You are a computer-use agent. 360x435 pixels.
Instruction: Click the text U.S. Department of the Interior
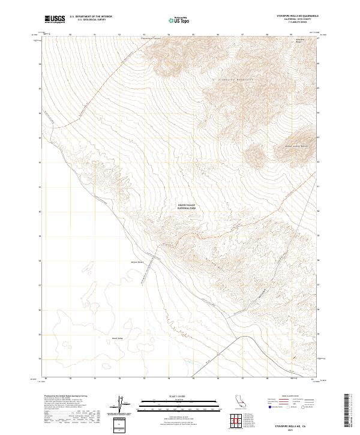91,16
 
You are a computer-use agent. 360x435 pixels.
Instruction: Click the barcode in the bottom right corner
350,411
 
